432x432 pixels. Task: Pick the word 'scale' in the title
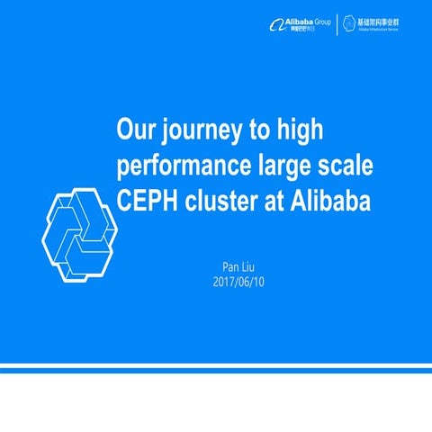tap(347, 167)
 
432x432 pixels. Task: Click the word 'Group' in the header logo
tap(319, 20)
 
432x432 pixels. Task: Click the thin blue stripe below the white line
tap(216, 368)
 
